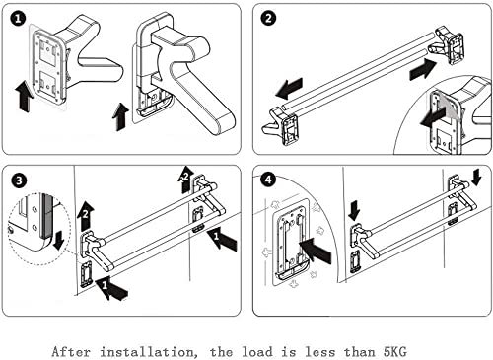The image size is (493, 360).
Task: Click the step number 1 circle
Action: [18, 19]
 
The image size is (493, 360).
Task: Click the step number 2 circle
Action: [268, 18]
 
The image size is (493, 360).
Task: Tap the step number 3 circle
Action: [19, 180]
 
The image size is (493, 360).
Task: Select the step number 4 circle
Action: [268, 180]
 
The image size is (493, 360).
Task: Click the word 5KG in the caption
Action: [395, 352]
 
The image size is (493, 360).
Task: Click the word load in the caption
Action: [257, 352]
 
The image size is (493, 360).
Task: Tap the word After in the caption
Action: [71, 352]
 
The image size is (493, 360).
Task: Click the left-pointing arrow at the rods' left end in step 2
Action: [289, 88]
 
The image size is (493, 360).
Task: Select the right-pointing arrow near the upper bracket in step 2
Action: [423, 69]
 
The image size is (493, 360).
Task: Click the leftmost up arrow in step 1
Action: [25, 97]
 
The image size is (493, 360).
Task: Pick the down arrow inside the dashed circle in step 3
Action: [59, 241]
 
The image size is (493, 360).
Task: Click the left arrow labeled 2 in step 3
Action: [86, 215]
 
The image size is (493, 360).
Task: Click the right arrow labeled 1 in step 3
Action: [222, 240]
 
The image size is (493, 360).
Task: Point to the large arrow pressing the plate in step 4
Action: [316, 251]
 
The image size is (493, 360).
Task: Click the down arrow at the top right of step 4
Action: [476, 178]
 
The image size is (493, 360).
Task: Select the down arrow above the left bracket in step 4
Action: [354, 211]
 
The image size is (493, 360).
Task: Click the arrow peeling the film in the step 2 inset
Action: [434, 118]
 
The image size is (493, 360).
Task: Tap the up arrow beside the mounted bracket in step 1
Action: [120, 116]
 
